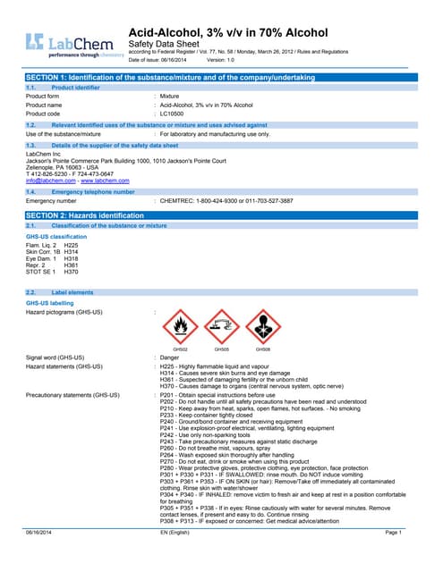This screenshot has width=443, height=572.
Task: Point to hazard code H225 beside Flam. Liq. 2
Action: pyautogui.click(x=72, y=245)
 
